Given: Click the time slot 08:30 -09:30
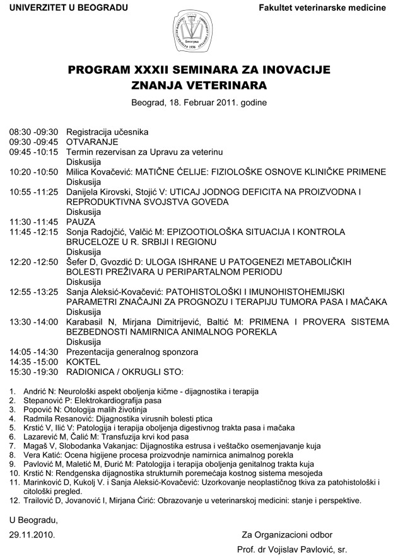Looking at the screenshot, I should (33, 132).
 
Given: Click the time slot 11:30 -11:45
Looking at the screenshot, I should (33, 222).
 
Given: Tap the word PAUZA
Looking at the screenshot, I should (80, 222).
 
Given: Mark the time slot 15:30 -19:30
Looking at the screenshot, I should (33, 372).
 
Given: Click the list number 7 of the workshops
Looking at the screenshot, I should (12, 445).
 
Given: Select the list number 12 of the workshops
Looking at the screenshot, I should (14, 501).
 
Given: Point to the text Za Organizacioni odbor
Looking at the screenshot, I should (292, 535).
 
